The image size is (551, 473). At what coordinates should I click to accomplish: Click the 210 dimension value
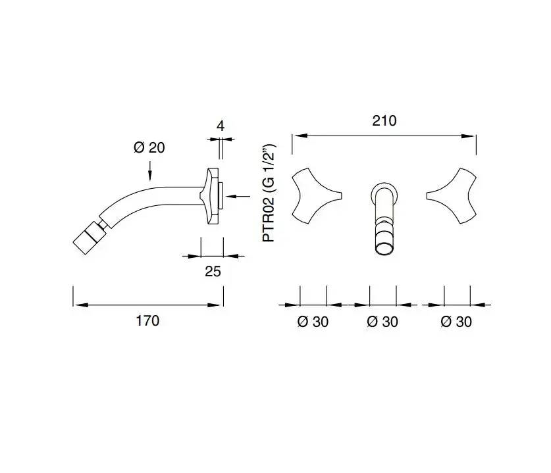point(384,121)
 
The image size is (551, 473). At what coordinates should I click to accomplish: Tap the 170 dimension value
point(147,320)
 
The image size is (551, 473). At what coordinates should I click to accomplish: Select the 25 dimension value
point(213,272)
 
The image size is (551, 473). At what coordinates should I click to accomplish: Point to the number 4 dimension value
point(221,126)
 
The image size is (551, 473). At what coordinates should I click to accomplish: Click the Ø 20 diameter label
point(149,147)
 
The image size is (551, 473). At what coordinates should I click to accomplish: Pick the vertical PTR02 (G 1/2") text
point(269,193)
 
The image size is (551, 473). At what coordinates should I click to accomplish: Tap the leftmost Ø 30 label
point(313,322)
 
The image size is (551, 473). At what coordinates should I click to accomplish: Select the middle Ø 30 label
point(382,322)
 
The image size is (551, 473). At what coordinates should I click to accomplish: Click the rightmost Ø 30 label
point(456,322)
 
